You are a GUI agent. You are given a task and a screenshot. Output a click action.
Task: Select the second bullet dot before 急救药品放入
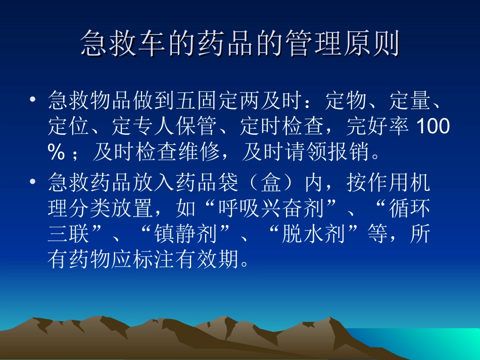[x=33, y=182]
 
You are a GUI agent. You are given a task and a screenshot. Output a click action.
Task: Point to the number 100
[x=432, y=127]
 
